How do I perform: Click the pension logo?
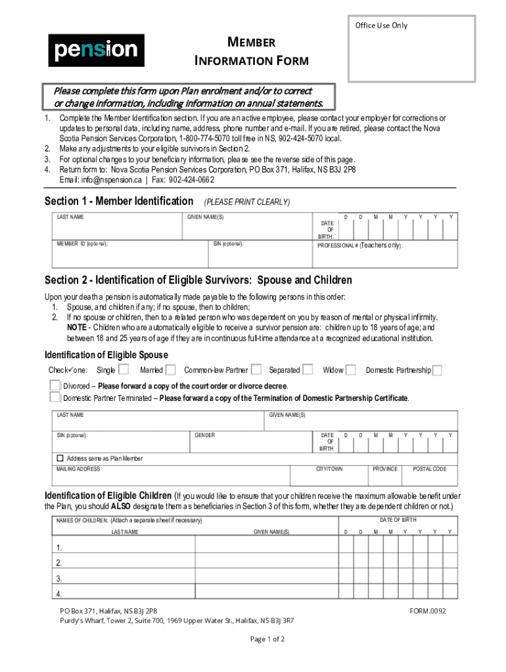[x=96, y=51]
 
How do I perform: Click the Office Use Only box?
[x=411, y=49]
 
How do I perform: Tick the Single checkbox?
[x=124, y=369]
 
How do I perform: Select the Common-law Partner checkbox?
[x=256, y=369]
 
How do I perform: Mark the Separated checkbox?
[x=307, y=369]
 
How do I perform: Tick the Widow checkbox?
[x=351, y=369]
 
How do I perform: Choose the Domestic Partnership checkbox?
[x=437, y=370]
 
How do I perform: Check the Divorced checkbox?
[x=55, y=385]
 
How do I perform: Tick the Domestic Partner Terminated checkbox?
[x=55, y=397]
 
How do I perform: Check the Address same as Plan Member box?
[x=60, y=458]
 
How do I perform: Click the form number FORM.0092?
[x=427, y=610]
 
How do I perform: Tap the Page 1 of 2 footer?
[x=267, y=639]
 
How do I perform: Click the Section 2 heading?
[x=198, y=280]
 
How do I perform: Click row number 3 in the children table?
[x=59, y=579]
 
